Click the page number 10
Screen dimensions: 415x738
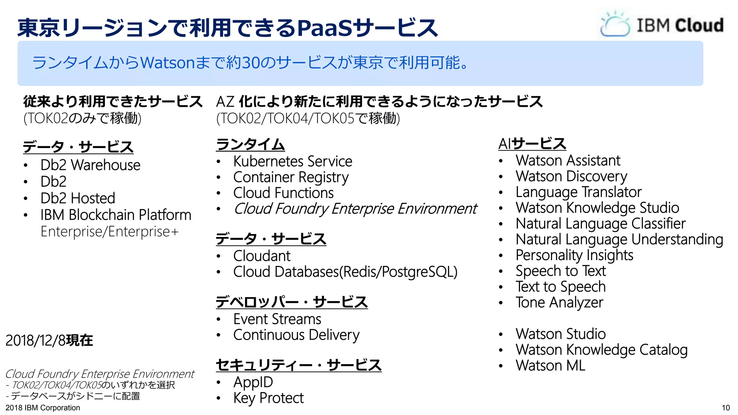point(726,408)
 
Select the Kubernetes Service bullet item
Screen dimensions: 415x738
point(293,161)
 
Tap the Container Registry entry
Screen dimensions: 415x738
point(291,177)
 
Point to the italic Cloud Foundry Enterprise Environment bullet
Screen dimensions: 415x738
point(355,209)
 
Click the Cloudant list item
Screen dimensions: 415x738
point(262,256)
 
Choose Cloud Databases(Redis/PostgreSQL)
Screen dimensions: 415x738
point(345,272)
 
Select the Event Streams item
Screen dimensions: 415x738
point(277,319)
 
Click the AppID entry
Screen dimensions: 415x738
point(253,382)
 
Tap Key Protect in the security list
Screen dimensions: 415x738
point(268,398)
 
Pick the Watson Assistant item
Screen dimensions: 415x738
point(568,161)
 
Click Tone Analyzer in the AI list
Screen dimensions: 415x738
point(559,303)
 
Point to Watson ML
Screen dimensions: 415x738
point(550,366)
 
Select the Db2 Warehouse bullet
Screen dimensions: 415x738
point(90,165)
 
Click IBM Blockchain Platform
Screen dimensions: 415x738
point(116,215)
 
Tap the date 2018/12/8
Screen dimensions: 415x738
point(35,340)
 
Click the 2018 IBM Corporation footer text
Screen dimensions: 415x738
point(43,408)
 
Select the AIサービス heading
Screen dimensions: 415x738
point(532,144)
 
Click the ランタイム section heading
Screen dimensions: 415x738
point(250,145)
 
